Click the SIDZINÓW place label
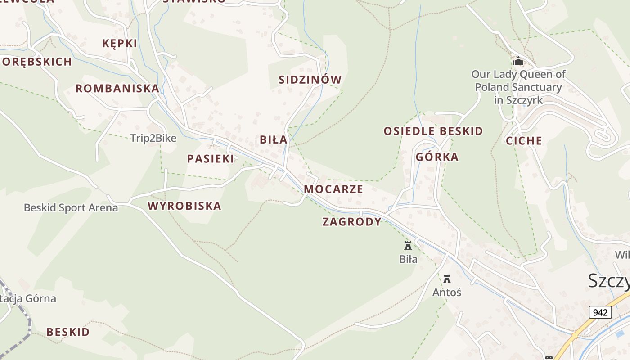click(x=310, y=80)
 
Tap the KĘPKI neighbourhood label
click(x=120, y=44)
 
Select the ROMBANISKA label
click(x=117, y=88)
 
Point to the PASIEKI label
click(x=211, y=159)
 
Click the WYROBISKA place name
click(x=184, y=206)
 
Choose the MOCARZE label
click(x=333, y=189)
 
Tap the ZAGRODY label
click(x=352, y=222)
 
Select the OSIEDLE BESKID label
click(x=433, y=131)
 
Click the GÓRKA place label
click(x=437, y=157)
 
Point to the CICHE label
click(x=524, y=141)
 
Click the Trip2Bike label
click(x=153, y=138)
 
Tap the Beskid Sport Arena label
click(x=71, y=208)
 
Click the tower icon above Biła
click(x=408, y=246)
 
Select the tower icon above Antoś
click(x=447, y=279)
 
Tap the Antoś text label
click(x=447, y=292)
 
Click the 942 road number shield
click(x=600, y=312)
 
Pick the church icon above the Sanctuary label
click(x=518, y=60)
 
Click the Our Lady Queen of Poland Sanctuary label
click(x=518, y=87)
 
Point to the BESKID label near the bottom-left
click(x=68, y=332)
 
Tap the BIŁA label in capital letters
click(x=274, y=140)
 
